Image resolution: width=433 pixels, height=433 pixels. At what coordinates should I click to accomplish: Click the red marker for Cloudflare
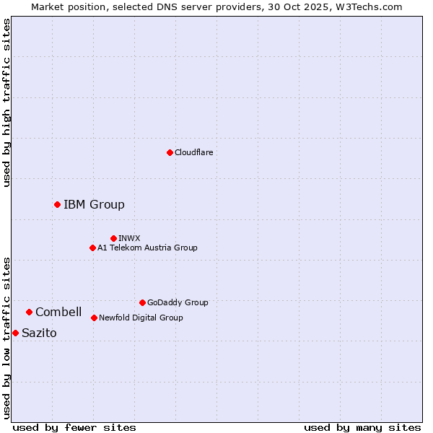(x=170, y=152)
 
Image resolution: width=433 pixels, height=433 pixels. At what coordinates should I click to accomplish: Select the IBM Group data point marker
(x=57, y=204)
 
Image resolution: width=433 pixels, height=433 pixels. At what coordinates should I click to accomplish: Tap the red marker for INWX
(x=113, y=238)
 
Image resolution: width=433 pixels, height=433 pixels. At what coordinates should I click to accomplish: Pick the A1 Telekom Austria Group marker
(x=92, y=248)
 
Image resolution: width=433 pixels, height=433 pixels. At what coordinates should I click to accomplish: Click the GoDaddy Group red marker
(x=142, y=302)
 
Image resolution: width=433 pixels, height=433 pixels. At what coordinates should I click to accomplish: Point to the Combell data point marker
(x=29, y=312)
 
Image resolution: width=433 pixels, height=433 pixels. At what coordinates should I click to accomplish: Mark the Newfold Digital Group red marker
(x=94, y=318)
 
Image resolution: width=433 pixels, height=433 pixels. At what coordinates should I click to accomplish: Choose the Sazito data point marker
(x=15, y=333)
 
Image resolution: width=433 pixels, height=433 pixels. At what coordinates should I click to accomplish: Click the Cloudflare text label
(x=193, y=152)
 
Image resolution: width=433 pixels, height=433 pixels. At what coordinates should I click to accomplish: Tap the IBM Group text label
(x=94, y=204)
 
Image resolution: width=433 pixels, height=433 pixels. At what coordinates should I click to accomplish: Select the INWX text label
(x=129, y=238)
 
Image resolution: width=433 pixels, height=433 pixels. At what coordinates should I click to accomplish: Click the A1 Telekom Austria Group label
(x=147, y=248)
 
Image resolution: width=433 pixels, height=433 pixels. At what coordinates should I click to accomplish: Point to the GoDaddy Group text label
(x=177, y=302)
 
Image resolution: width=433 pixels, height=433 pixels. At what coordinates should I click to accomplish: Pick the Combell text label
(x=58, y=312)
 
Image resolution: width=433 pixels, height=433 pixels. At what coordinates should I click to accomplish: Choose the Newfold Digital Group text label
(x=141, y=318)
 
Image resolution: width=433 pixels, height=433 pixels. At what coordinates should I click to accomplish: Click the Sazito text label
(x=39, y=333)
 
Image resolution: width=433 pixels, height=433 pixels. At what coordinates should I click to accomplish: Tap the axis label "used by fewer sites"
(x=74, y=427)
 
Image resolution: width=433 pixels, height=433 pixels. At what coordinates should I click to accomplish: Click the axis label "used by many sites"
(x=362, y=427)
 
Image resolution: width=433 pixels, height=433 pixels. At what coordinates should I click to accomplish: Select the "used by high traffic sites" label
(x=6, y=102)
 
